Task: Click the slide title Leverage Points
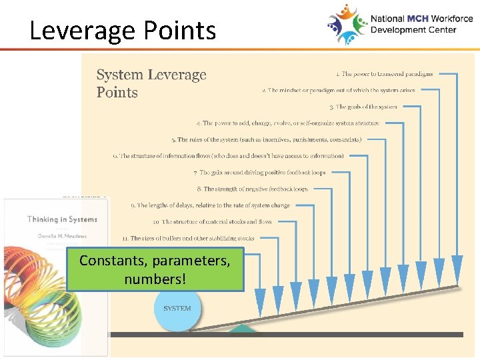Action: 123,31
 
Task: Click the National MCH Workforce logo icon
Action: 347,24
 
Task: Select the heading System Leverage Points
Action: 151,83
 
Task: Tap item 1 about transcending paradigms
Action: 384,74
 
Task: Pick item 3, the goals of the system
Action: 363,107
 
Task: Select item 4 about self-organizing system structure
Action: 288,123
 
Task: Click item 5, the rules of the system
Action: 266,140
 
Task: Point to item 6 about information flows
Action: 228,156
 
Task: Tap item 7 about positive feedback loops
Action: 259,173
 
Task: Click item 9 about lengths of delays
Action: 210,205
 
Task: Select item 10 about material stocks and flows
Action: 212,222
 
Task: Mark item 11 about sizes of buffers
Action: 188,238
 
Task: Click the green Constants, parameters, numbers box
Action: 155,269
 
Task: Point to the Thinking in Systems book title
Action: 62,219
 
